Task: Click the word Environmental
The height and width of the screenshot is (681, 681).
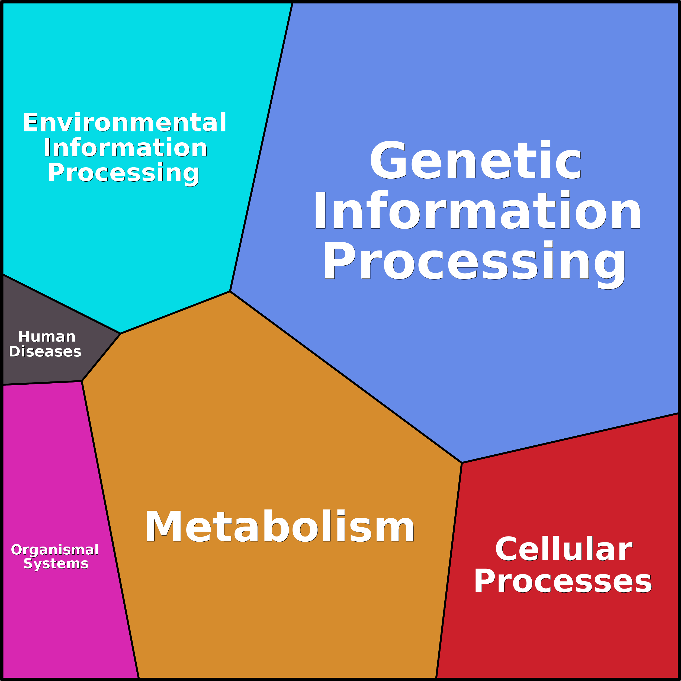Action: pyautogui.click(x=124, y=122)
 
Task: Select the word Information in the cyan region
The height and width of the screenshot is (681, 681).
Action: pyautogui.click(x=125, y=148)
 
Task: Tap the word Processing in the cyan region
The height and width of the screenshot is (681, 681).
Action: pyautogui.click(x=123, y=174)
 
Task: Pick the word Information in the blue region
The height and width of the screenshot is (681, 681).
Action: pyautogui.click(x=477, y=210)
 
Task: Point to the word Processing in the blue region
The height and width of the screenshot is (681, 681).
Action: pyautogui.click(x=474, y=264)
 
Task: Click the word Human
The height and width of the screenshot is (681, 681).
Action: pyautogui.click(x=47, y=337)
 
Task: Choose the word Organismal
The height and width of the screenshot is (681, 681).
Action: pyautogui.click(x=55, y=550)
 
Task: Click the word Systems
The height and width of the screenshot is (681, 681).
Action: pyautogui.click(x=56, y=564)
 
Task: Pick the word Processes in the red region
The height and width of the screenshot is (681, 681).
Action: pyautogui.click(x=563, y=582)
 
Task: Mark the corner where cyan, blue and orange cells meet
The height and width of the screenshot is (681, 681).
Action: pyautogui.click(x=230, y=291)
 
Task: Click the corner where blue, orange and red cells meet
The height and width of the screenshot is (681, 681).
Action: pyautogui.click(x=462, y=463)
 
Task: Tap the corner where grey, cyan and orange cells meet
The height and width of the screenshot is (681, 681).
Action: pyautogui.click(x=121, y=333)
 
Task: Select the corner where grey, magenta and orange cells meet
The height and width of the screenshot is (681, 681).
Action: pyautogui.click(x=82, y=381)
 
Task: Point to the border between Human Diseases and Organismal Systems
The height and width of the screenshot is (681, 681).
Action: pyautogui.click(x=42, y=383)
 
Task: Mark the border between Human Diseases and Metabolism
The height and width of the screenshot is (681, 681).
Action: pyautogui.click(x=101, y=357)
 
